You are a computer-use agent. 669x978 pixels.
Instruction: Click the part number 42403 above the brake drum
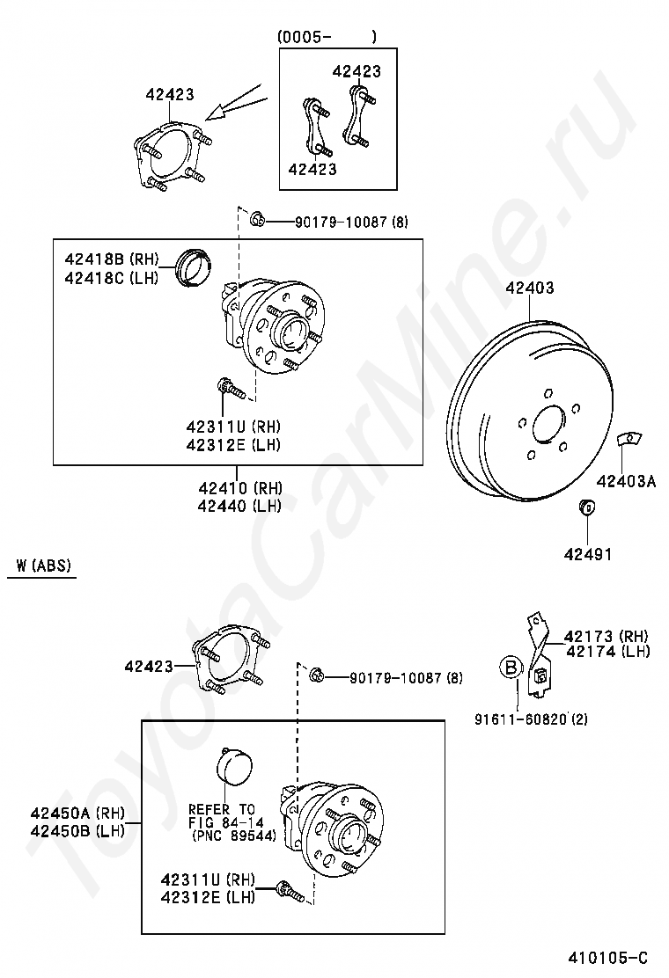coord(529,288)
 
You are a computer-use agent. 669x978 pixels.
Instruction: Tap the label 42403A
coord(626,481)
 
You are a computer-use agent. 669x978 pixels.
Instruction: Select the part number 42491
coord(588,554)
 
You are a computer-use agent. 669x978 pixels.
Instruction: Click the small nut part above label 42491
coord(587,507)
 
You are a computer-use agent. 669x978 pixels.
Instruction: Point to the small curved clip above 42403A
coord(629,439)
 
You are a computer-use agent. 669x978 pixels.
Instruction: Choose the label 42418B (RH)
coord(112,259)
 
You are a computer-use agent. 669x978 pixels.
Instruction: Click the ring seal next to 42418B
coord(194,267)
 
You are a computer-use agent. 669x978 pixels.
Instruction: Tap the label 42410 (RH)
coord(240,488)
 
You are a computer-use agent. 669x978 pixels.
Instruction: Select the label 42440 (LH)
coord(239,505)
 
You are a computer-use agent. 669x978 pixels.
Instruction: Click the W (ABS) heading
coord(44,566)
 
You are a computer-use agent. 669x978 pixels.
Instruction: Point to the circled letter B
coord(511,668)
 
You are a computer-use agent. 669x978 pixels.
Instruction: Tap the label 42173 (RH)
coord(607,636)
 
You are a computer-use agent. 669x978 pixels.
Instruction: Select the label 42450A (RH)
coord(78,813)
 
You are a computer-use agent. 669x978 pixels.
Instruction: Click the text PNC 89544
coord(234,836)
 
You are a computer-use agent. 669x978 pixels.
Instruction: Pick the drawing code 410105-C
coord(608,958)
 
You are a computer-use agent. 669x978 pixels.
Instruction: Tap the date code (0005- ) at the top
coord(327,37)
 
